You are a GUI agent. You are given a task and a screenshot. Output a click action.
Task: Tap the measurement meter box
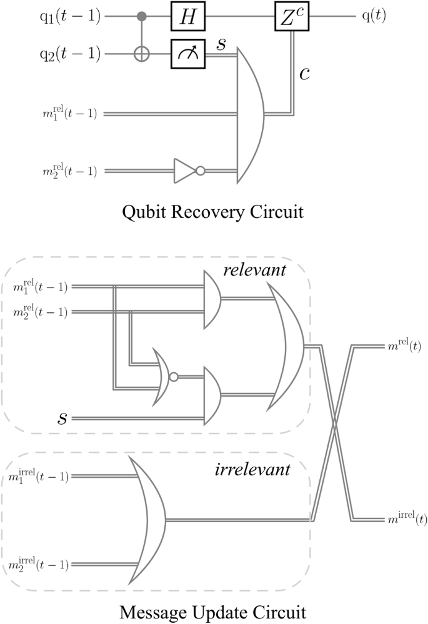(x=188, y=56)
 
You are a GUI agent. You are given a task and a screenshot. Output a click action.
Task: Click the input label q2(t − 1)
(x=68, y=56)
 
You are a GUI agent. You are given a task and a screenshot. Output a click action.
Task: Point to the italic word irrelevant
(x=251, y=470)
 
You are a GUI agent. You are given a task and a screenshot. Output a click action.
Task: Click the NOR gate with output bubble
(x=166, y=376)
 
